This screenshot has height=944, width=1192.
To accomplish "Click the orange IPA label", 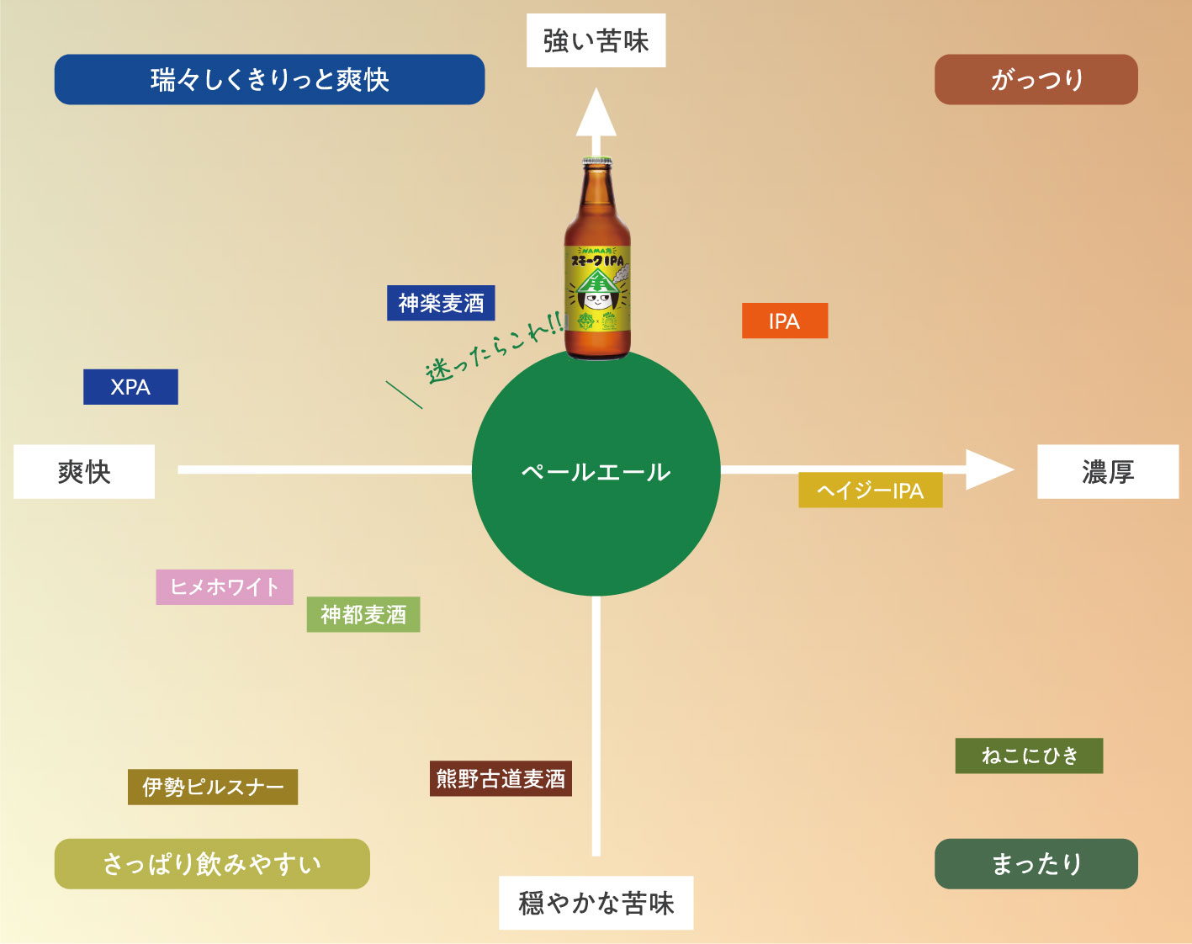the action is tap(785, 321).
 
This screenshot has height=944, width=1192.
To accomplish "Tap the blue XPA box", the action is tap(130, 387).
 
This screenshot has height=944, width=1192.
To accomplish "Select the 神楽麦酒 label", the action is tap(441, 303).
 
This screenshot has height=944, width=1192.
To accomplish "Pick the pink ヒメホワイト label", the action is tap(225, 586).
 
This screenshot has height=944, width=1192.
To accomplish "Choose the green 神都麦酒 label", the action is tap(363, 614).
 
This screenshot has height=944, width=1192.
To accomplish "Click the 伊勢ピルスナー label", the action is tap(213, 787).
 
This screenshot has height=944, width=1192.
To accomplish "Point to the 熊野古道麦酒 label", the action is tap(501, 778).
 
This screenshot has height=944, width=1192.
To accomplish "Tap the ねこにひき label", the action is tap(1029, 756).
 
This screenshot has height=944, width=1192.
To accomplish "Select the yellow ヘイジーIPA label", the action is tap(871, 490).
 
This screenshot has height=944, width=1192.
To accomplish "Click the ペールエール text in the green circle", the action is tap(596, 473).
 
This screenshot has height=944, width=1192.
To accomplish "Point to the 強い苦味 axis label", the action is tap(596, 40).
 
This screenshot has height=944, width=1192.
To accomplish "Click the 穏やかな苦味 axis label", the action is tap(596, 903).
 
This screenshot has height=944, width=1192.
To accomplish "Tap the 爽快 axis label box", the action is tap(84, 471).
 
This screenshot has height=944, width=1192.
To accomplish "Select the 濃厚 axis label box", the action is tap(1108, 471).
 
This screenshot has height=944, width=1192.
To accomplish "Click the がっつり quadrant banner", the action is tap(1036, 79).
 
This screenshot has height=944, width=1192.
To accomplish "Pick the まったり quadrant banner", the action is tap(1036, 864).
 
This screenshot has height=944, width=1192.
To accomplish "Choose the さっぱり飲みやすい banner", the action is tap(212, 864).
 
